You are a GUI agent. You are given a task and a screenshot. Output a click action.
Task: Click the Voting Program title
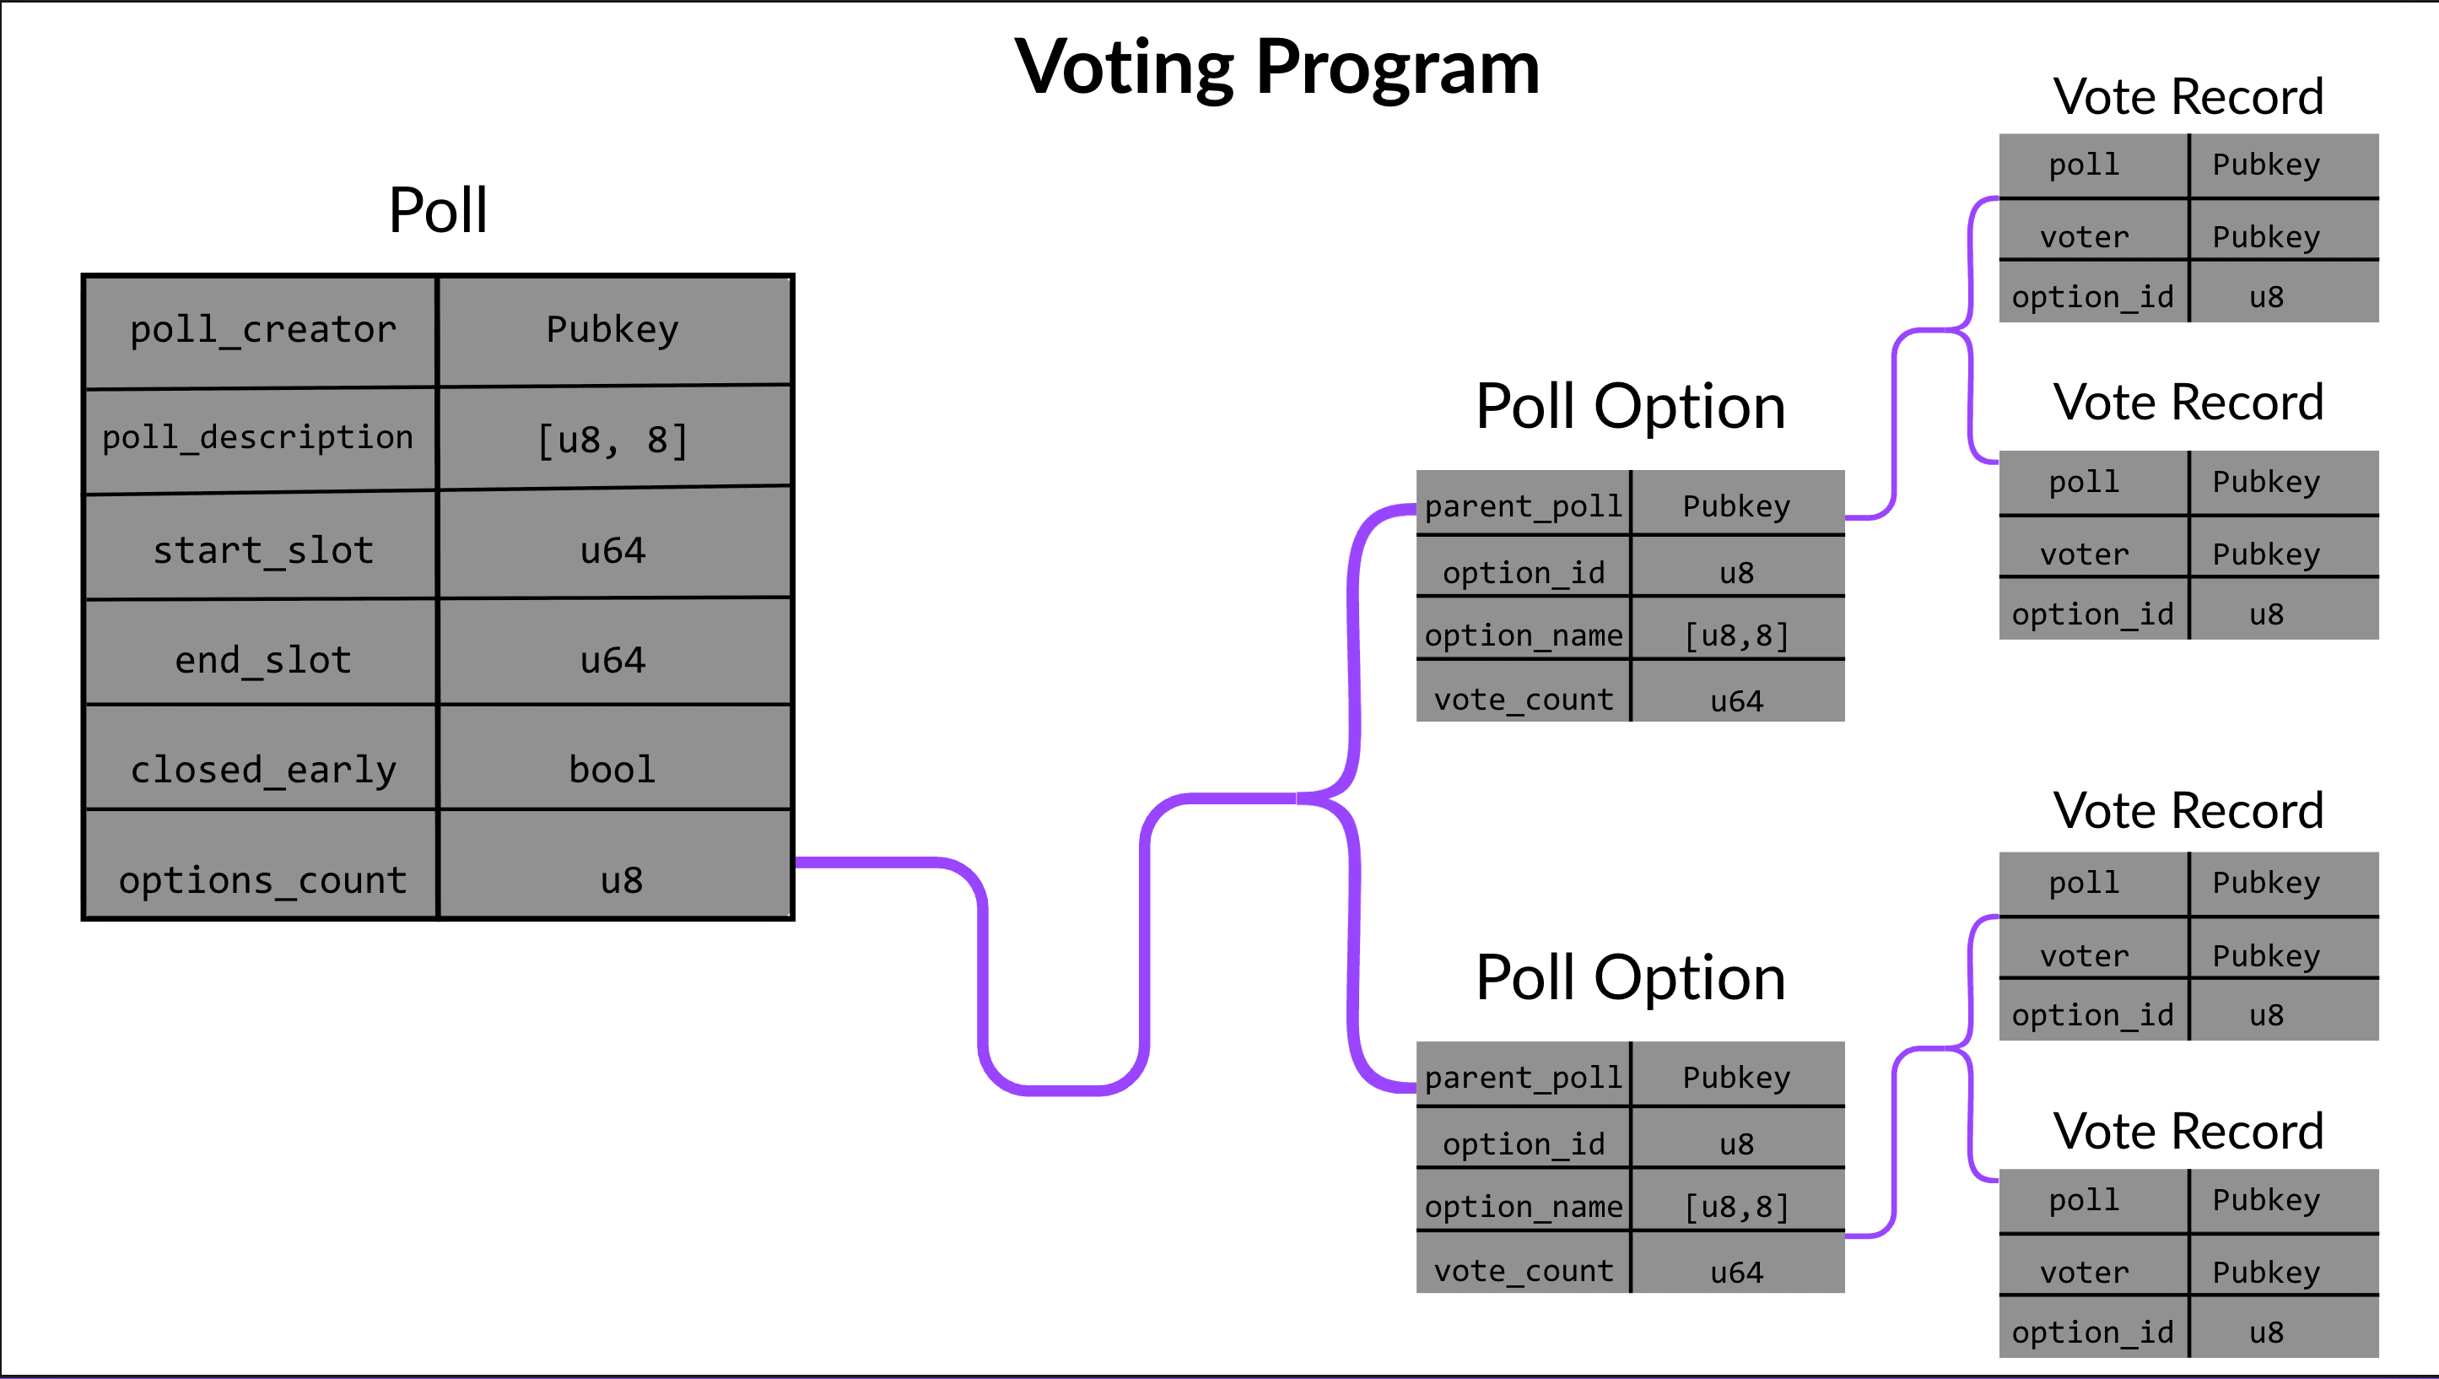[1276, 68]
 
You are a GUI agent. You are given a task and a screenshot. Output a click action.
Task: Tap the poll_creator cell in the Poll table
[262, 331]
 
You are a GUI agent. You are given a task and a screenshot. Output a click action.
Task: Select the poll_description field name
[257, 437]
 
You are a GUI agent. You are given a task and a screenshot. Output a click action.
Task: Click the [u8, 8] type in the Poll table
[612, 441]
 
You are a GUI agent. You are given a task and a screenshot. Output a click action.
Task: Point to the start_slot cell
[262, 550]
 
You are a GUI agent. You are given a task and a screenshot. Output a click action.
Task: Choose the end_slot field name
[262, 660]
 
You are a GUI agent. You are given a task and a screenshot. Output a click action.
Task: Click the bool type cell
[612, 769]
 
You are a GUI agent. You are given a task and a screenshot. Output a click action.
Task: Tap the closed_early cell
[262, 769]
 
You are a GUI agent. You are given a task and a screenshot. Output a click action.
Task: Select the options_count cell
[262, 880]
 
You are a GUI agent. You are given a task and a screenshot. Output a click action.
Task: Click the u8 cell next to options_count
[621, 880]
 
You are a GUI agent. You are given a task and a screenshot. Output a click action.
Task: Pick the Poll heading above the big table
[437, 210]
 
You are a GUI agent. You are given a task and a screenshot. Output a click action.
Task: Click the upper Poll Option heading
[1629, 408]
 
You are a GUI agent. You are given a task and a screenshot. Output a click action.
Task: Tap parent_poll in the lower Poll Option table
[1523, 1077]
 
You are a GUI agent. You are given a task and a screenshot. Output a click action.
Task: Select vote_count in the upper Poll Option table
[1523, 700]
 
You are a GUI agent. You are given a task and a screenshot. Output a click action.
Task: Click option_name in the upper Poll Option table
[1523, 635]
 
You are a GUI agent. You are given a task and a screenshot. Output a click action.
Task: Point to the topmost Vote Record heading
[2187, 96]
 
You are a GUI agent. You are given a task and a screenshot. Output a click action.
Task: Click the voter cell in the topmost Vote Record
[2084, 237]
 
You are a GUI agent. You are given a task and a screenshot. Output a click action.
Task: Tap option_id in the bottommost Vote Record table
[2091, 1332]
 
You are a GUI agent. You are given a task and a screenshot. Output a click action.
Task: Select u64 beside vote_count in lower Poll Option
[1736, 1272]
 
